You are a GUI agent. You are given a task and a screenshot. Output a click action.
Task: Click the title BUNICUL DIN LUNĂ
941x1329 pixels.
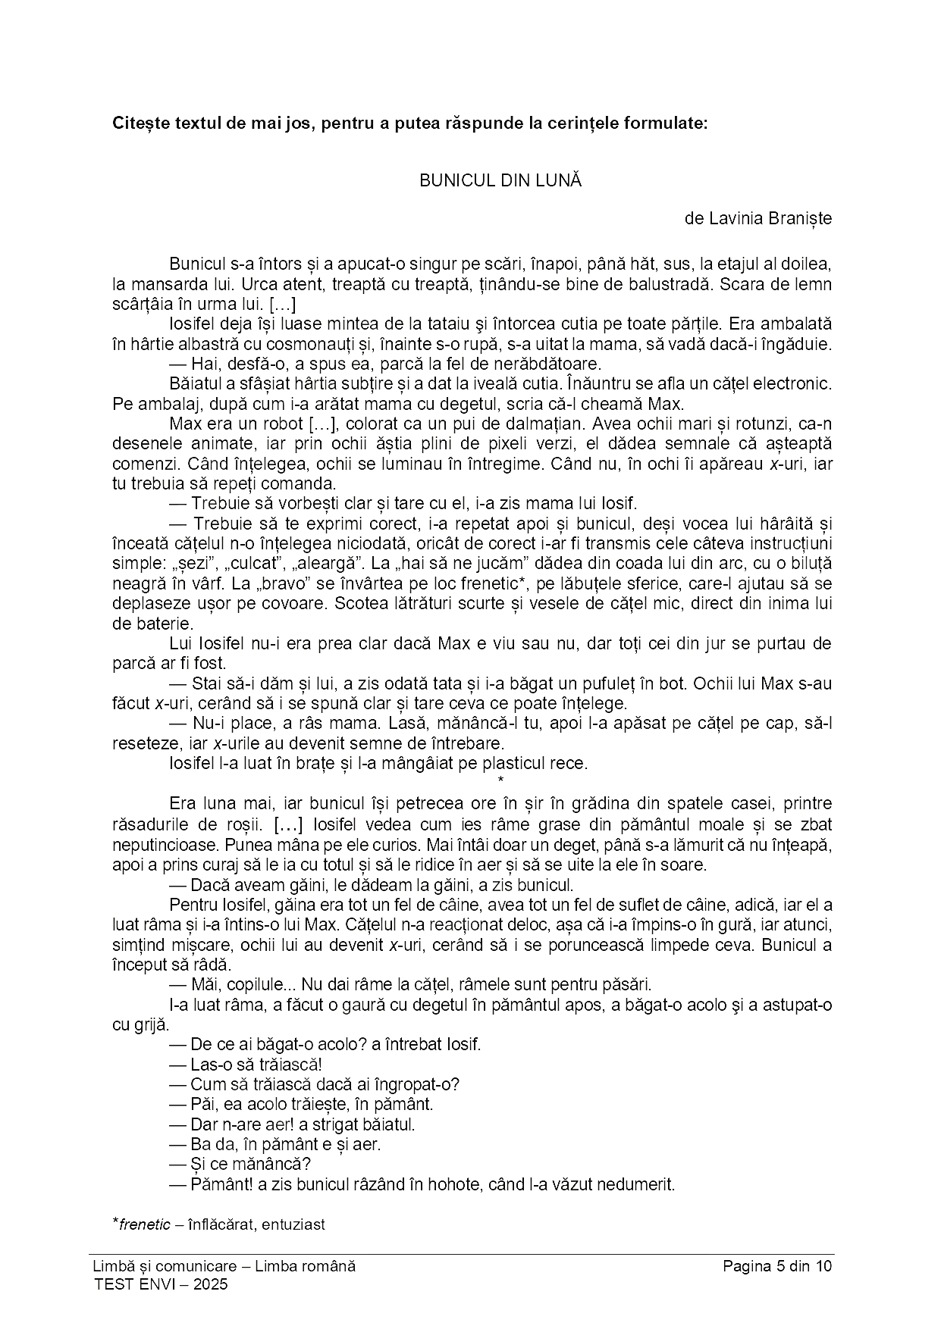click(500, 181)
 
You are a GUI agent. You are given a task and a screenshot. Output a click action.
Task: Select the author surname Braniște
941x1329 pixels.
click(800, 219)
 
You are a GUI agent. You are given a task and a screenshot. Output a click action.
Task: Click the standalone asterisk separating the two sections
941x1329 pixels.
click(500, 780)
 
